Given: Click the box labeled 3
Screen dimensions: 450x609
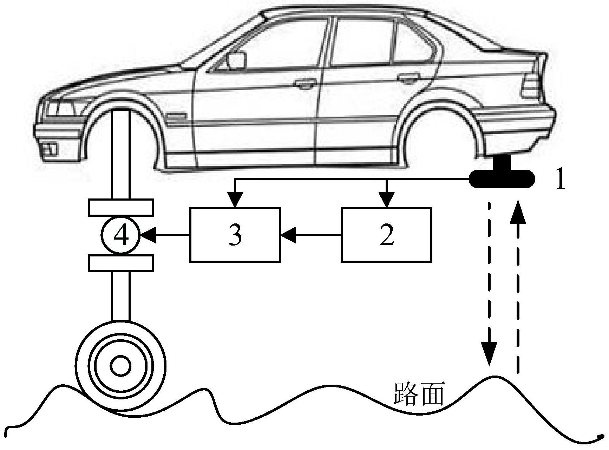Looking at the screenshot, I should click(x=235, y=235).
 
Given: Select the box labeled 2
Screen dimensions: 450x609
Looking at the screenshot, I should click(x=386, y=235).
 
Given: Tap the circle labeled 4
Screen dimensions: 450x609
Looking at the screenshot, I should click(x=120, y=235).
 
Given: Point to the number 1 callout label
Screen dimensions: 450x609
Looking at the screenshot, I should click(x=561, y=181).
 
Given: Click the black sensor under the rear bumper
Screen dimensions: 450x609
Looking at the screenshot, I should click(x=502, y=178).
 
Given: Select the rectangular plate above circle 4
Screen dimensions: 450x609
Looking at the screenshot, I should click(x=120, y=207).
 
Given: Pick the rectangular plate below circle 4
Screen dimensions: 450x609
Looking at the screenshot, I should click(x=120, y=263).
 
